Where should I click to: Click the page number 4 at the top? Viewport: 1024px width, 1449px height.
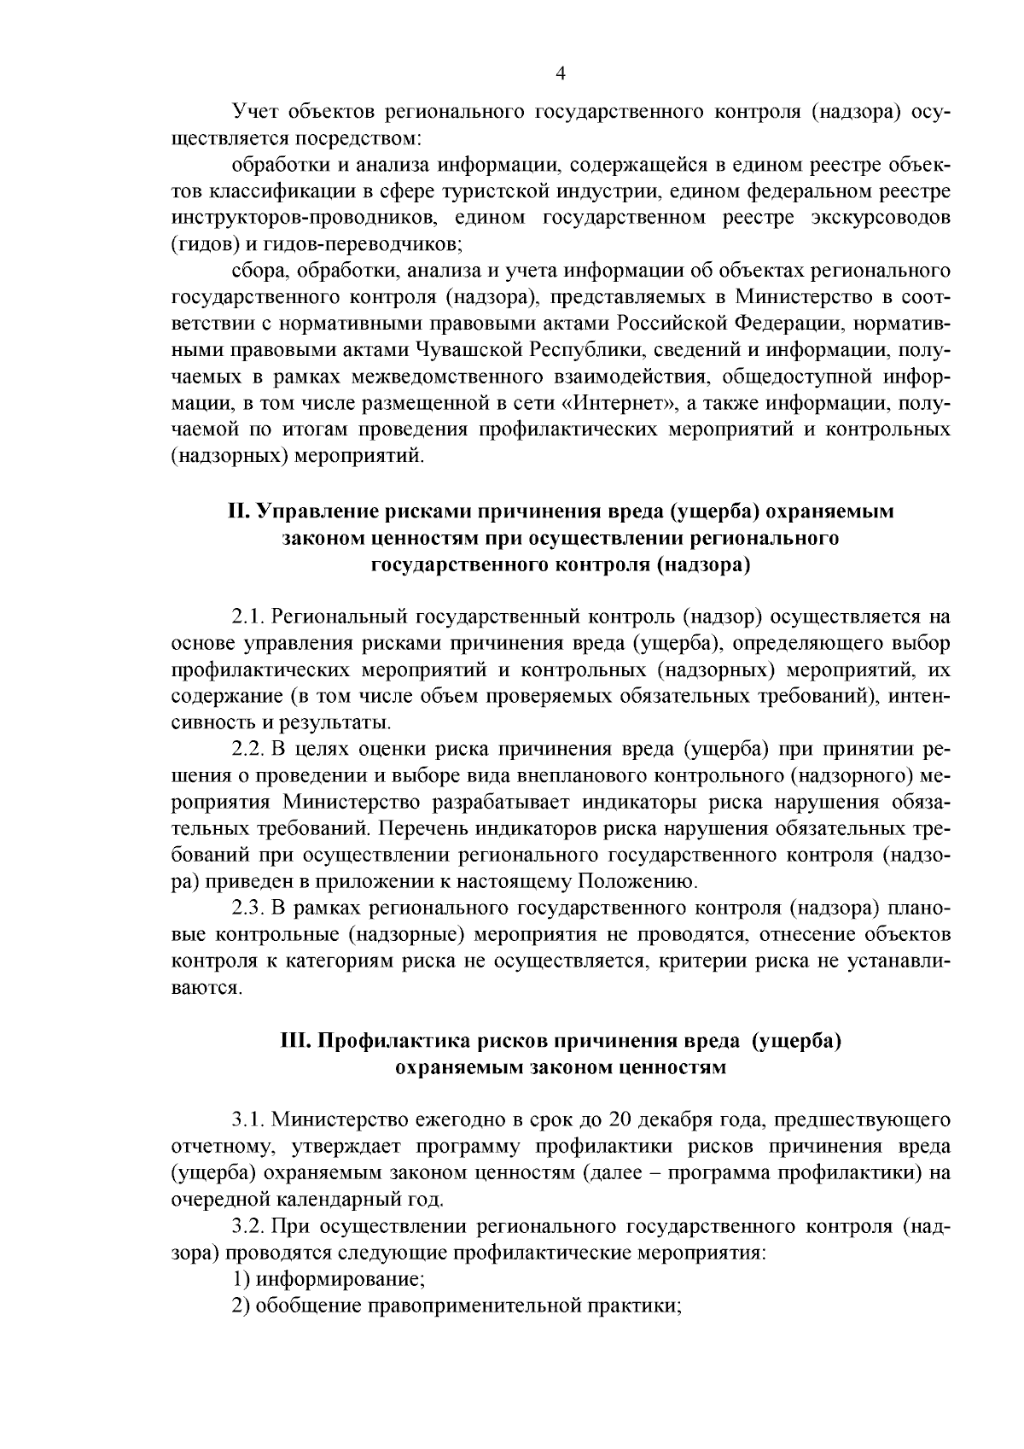coord(560,74)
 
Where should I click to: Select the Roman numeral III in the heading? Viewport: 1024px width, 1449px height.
coord(295,1042)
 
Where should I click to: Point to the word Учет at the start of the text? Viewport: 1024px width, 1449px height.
coord(255,112)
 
